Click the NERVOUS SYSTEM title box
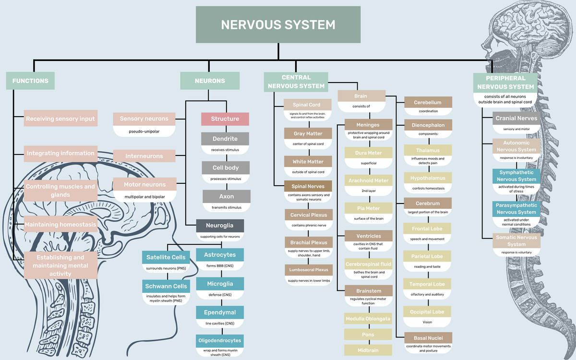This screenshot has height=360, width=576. [278, 24]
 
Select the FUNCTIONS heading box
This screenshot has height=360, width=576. [30, 81]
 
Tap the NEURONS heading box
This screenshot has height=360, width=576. [210, 81]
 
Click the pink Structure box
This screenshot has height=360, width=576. [225, 119]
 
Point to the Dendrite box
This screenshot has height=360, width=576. [225, 139]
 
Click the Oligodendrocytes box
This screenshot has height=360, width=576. [220, 341]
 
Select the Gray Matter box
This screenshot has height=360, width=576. [308, 134]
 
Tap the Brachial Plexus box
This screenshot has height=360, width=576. [308, 242]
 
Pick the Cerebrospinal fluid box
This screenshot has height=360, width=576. [368, 264]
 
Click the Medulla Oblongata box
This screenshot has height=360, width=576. [368, 319]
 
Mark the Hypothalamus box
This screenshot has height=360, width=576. [427, 178]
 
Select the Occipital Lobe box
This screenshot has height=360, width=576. [427, 312]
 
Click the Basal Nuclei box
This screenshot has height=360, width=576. [427, 337]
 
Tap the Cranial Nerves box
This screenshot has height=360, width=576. [516, 118]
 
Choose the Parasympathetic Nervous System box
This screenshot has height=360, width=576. [516, 209]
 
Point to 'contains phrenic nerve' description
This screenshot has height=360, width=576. [308, 225]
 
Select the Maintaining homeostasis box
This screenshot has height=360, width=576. [61, 224]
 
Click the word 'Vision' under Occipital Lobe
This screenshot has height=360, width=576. [427, 322]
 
